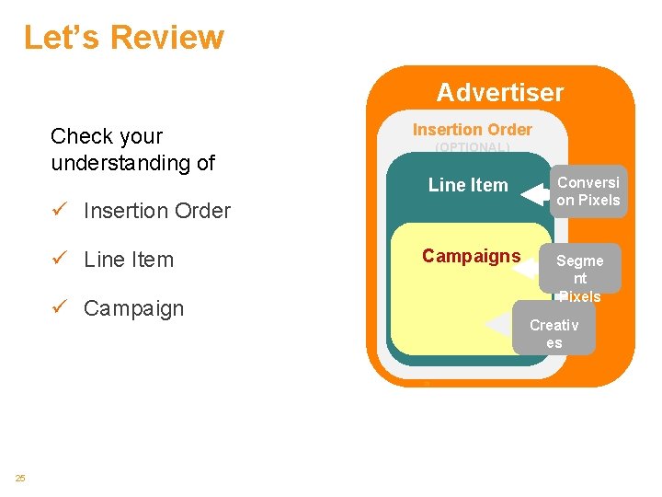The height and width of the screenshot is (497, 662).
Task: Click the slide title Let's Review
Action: pos(123,38)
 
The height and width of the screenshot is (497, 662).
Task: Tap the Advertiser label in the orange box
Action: pos(499,93)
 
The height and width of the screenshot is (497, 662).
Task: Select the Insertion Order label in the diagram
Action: pos(472,130)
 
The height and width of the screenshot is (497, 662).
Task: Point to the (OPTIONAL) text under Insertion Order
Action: pos(472,147)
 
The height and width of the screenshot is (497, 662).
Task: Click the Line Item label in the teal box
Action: pos(468,185)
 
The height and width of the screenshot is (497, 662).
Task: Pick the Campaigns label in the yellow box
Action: pos(471,256)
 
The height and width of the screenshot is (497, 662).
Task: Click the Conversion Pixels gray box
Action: pos(588,191)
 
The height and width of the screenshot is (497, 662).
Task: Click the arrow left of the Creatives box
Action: pos(497,325)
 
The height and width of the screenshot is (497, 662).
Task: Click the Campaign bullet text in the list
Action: pos(133,308)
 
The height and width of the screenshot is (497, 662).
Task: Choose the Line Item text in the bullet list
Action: pos(129,260)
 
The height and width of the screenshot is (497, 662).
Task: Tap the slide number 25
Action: pos(20,477)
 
